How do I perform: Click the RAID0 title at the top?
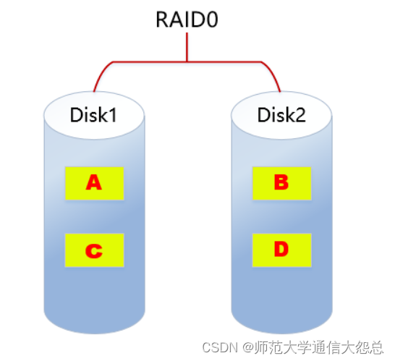coord(187,19)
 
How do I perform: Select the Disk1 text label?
coord(93,114)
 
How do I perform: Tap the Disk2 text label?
coord(281,114)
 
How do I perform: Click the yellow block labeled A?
coord(94,184)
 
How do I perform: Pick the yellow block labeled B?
coord(281,184)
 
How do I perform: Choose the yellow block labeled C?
coord(94,250)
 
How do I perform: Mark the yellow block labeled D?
coord(281,250)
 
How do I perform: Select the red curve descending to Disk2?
coord(274,75)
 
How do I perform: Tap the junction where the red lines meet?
coord(187,61)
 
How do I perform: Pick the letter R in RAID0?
coord(161,19)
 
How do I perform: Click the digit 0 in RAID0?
coord(212,19)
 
